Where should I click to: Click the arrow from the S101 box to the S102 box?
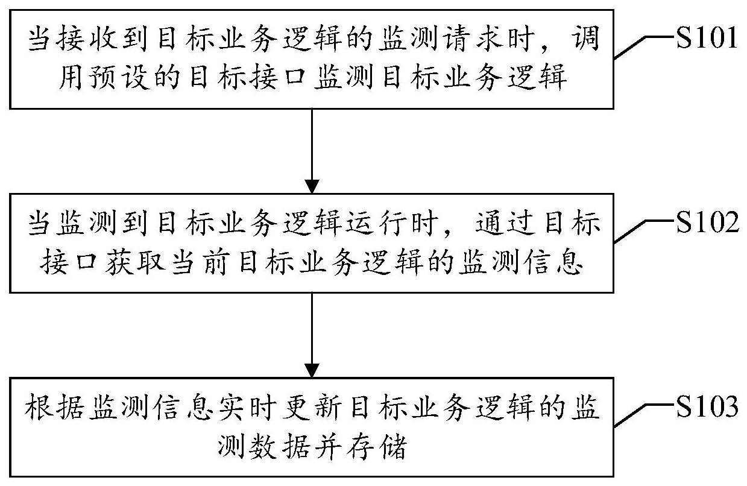coord(312,151)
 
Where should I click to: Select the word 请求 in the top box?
coord(482,42)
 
